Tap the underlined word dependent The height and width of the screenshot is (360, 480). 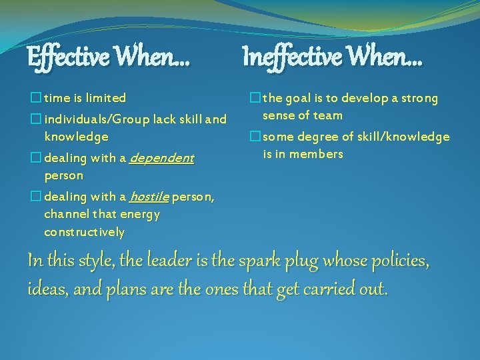pos(161,159)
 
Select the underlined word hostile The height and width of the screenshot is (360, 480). pos(149,197)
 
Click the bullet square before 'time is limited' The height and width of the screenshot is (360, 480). pos(35,99)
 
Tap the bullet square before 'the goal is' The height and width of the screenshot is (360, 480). pos(254,99)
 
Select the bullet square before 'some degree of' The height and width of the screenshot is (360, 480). pos(254,137)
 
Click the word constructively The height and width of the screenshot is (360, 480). pos(84,233)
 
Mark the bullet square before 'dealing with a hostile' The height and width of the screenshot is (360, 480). pos(35,197)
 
